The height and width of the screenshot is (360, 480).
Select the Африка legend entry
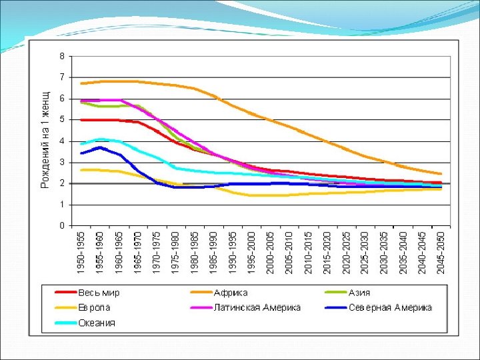[x=231, y=293]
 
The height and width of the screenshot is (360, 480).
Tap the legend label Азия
[x=359, y=293]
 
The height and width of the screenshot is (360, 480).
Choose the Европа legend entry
[x=94, y=308]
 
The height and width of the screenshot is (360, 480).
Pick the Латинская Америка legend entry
[x=257, y=308]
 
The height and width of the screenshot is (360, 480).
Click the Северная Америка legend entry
[x=390, y=308]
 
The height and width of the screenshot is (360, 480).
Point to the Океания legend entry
[x=97, y=323]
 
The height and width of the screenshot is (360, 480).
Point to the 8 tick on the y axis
[x=62, y=56]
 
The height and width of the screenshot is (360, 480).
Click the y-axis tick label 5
[x=62, y=120]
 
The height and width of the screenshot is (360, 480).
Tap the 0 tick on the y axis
[x=62, y=226]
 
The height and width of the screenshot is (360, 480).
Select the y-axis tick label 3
[x=62, y=162]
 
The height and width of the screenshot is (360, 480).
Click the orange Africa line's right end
[x=441, y=174]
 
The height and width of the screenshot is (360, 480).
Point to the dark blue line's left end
[x=81, y=153]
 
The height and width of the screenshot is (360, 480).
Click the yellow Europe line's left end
[x=81, y=170]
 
